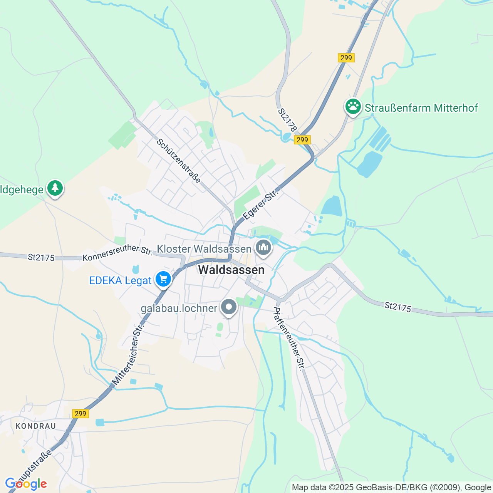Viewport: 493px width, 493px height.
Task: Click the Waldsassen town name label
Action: pyautogui.click(x=231, y=270)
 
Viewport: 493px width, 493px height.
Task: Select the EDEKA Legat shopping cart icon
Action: pyautogui.click(x=163, y=279)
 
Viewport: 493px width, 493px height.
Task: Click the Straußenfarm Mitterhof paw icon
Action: pyautogui.click(x=353, y=107)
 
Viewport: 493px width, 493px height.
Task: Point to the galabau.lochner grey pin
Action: pyautogui.click(x=229, y=307)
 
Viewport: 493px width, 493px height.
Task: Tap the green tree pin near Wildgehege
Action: pyautogui.click(x=55, y=188)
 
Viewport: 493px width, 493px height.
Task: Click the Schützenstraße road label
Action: pyautogui.click(x=179, y=161)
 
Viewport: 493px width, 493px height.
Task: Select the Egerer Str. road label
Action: pyautogui.click(x=261, y=204)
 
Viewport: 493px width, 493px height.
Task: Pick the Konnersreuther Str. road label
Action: pyautogui.click(x=117, y=253)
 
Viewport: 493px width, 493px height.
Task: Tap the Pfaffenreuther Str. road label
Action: pyautogui.click(x=289, y=338)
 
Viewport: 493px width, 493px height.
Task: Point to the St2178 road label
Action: pyautogui.click(x=288, y=120)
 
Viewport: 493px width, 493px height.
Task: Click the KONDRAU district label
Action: pyautogui.click(x=36, y=426)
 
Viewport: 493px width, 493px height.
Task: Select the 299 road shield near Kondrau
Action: pyautogui.click(x=80, y=414)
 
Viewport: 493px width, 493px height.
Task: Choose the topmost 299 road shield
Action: pyautogui.click(x=346, y=58)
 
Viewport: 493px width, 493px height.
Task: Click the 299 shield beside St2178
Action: pyautogui.click(x=302, y=140)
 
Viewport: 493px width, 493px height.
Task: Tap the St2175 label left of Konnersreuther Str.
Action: pyautogui.click(x=41, y=257)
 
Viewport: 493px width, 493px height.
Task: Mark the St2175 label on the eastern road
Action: pyautogui.click(x=398, y=307)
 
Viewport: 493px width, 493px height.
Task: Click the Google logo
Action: pyautogui.click(x=26, y=484)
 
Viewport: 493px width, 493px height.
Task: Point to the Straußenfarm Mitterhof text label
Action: pyautogui.click(x=421, y=108)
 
